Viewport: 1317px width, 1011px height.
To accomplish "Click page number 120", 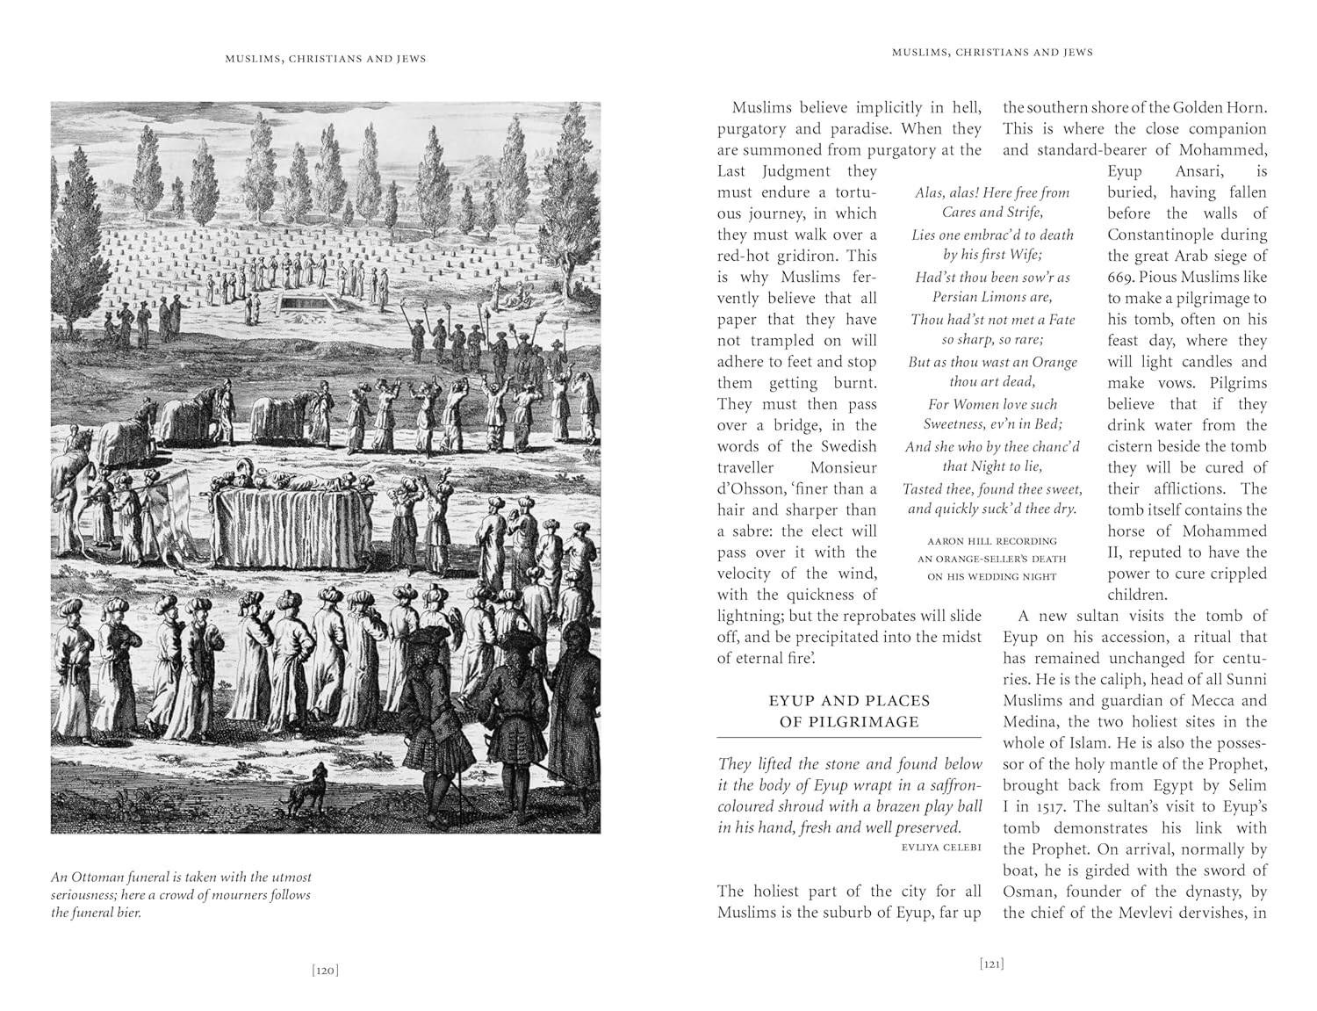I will [325, 970].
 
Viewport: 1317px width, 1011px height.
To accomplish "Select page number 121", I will [991, 964].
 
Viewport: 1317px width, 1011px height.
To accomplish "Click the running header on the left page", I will [325, 59].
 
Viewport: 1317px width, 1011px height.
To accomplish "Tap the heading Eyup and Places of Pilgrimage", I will [849, 711].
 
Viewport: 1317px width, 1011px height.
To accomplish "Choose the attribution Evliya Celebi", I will [940, 848].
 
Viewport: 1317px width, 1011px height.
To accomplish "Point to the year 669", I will [1121, 277].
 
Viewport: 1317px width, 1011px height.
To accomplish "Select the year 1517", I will [1045, 806].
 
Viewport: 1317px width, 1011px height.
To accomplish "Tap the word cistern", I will [1135, 446].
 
